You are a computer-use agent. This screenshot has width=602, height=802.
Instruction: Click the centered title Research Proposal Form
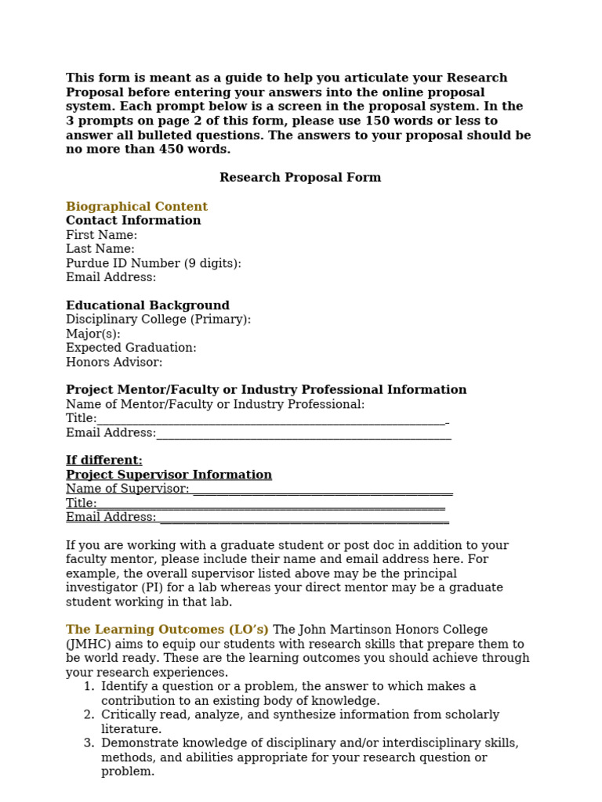click(300, 178)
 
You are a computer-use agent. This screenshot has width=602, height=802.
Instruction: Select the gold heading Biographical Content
click(136, 207)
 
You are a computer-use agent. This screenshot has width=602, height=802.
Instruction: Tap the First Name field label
click(101, 235)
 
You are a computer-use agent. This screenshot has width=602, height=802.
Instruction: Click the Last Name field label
click(100, 249)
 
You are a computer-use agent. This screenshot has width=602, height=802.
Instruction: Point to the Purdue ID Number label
click(153, 263)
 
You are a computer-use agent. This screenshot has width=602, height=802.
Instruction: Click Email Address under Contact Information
click(111, 277)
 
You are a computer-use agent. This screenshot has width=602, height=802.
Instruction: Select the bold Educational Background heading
click(147, 305)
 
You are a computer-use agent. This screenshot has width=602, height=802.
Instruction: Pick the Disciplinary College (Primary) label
click(158, 320)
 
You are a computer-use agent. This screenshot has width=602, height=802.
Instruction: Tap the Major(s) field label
click(93, 334)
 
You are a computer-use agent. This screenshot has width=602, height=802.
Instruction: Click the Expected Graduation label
click(131, 348)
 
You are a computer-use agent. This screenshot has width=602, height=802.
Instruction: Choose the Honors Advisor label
click(114, 362)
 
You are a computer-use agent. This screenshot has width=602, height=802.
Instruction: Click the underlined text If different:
click(104, 461)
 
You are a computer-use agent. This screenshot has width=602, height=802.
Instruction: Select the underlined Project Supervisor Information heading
click(169, 475)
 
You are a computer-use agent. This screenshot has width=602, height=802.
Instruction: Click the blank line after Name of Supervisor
click(322, 490)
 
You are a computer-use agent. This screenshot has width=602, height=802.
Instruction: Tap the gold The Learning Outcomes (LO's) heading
click(167, 630)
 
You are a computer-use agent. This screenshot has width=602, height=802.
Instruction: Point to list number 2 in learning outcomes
click(89, 714)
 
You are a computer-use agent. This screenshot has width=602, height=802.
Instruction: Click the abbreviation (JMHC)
click(90, 644)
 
